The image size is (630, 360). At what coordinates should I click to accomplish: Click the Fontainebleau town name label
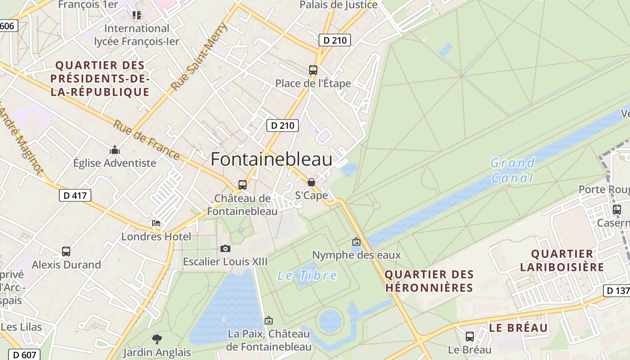click(271, 159)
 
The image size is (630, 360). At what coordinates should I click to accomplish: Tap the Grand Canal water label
click(513, 170)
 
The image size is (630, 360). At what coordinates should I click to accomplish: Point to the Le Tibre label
click(307, 275)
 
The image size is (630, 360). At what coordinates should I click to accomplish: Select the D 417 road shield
click(75, 195)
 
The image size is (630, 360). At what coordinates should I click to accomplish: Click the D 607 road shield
click(24, 355)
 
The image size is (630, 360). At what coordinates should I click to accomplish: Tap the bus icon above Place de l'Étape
click(313, 70)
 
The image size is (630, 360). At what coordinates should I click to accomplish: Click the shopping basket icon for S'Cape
click(311, 182)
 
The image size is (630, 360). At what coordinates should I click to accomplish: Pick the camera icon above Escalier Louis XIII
click(225, 248)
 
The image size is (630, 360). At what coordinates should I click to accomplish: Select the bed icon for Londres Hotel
click(156, 223)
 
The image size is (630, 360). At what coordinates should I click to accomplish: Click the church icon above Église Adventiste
click(115, 150)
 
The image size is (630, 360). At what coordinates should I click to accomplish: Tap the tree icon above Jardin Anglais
click(157, 339)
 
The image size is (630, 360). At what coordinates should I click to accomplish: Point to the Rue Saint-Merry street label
click(200, 56)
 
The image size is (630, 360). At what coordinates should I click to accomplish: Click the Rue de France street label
click(146, 139)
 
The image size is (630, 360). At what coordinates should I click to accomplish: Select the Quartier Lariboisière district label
click(562, 261)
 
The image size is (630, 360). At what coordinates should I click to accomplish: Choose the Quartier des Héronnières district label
click(429, 281)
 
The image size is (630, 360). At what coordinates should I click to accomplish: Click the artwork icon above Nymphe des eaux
click(356, 242)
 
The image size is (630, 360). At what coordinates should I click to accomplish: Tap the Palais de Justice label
click(339, 5)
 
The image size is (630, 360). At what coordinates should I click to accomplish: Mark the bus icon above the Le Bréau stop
click(470, 336)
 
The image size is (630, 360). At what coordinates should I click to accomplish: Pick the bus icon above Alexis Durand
click(66, 252)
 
